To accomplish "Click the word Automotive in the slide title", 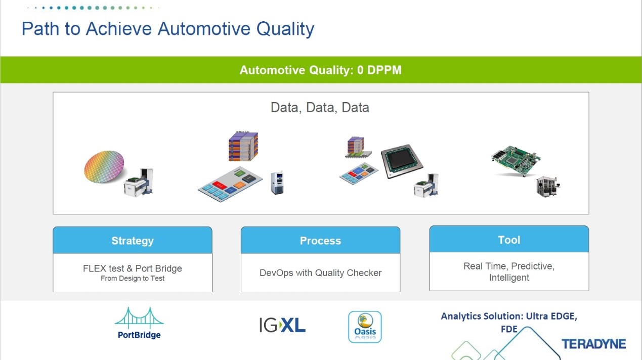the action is tap(204, 29).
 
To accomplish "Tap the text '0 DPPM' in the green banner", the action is tap(379, 70).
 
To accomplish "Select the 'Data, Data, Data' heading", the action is tap(320, 108).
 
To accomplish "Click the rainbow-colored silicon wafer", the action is tap(104, 167).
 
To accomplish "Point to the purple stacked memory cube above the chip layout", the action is tap(243, 146).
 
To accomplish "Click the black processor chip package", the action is tap(402, 161).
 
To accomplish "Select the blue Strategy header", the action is tap(133, 240).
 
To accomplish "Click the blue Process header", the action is tap(320, 240).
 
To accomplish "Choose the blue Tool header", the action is tap(509, 239).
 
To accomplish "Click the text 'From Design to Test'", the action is tap(133, 279).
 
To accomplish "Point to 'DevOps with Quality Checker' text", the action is tap(320, 273).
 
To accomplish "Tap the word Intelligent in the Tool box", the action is tap(509, 278).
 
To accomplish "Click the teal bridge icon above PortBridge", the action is tap(139, 318).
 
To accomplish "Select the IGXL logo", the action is tap(282, 325).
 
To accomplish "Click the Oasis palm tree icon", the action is tap(365, 327).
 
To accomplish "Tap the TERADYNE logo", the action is tap(593, 344).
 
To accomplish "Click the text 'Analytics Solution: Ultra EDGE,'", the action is tap(509, 316).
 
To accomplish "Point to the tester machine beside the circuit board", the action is tap(548, 187).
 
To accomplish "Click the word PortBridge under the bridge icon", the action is tap(139, 335).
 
